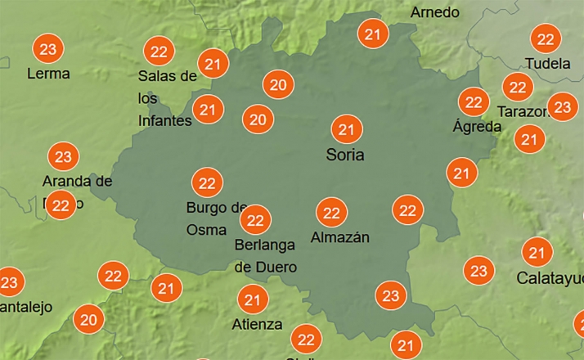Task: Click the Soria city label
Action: coord(344,155)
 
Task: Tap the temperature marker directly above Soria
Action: coord(346,129)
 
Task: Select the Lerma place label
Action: coord(48,74)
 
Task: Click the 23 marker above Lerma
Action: coord(48,49)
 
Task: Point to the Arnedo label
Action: coord(434,12)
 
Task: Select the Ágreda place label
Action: coord(477,127)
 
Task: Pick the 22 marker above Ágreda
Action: coord(473,102)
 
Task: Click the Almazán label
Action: coord(340,238)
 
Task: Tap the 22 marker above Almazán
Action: coord(331,214)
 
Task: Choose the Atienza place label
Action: coord(256,324)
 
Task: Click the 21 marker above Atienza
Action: coord(252,300)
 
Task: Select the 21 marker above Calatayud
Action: coord(537,253)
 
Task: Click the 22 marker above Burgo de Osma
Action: coord(207,182)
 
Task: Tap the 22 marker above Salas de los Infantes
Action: coord(159,52)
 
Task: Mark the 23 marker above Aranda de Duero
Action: coord(63,155)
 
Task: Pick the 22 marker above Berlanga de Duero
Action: coord(256,219)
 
